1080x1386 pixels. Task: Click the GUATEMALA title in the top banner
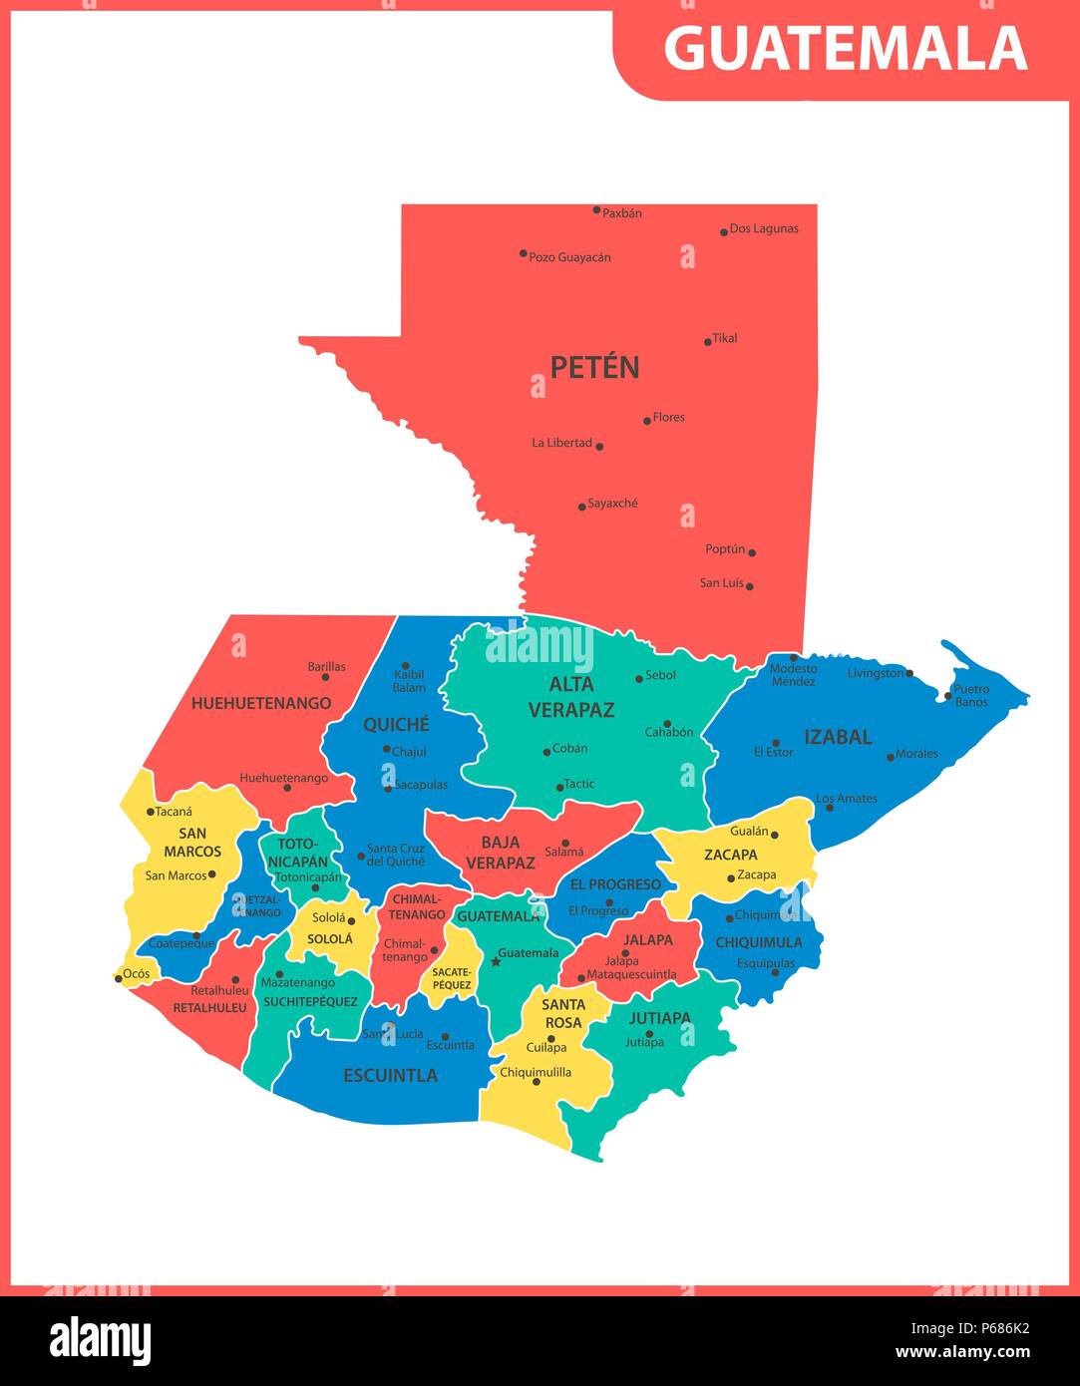point(846,48)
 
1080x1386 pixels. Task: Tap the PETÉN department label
point(594,368)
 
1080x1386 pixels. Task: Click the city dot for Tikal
point(708,342)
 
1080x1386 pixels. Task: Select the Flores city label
point(668,418)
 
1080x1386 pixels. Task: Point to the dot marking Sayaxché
point(582,507)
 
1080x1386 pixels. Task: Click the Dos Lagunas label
point(764,229)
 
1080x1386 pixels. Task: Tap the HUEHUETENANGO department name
point(261,703)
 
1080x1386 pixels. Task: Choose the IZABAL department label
point(838,737)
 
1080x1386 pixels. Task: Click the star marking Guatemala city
point(496,962)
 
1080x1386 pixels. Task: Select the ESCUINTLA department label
point(391,1075)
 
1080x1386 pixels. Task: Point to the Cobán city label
point(570,749)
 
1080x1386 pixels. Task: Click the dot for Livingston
point(909,674)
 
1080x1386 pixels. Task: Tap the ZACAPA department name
point(731,855)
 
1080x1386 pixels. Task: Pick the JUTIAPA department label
point(659,1018)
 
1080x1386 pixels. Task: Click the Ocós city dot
point(119,979)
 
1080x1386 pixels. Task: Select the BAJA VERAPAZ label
point(500,853)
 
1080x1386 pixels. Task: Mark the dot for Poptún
point(752,551)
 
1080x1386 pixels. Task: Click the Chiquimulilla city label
point(536,1073)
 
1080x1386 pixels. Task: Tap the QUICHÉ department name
point(396,725)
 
